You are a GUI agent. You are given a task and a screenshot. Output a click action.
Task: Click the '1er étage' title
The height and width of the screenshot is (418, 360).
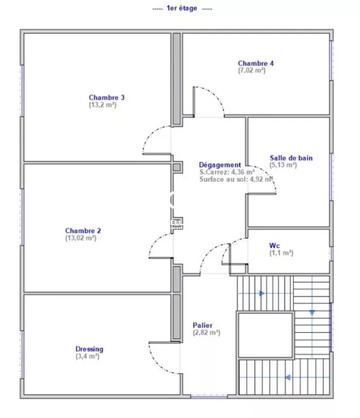(182, 8)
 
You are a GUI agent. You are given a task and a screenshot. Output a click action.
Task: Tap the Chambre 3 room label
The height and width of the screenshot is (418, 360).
(107, 97)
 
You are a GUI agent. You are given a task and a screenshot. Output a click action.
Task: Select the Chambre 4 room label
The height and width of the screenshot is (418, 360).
(256, 63)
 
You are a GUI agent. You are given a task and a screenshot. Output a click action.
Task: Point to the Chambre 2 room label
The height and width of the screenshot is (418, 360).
(83, 230)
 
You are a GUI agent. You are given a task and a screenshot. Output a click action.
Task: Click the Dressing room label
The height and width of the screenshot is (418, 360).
(89, 349)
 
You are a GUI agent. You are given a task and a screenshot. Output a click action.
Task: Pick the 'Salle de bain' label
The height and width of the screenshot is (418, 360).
(291, 158)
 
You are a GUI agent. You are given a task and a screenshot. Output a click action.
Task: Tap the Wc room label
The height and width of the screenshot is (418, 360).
(274, 246)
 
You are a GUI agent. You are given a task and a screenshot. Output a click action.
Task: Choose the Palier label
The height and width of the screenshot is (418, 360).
(203, 325)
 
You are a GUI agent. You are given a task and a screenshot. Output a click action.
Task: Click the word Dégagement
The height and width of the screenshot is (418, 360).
(220, 165)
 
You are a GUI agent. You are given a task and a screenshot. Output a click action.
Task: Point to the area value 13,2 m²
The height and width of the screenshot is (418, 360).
(102, 105)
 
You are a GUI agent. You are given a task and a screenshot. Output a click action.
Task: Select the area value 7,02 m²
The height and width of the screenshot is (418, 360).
(252, 70)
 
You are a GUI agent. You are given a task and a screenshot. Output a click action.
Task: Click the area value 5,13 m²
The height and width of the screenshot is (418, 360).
(283, 165)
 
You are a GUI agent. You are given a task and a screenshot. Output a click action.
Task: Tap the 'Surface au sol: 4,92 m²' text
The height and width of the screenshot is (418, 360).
(236, 179)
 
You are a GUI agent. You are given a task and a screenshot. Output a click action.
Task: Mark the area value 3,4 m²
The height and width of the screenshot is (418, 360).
(87, 356)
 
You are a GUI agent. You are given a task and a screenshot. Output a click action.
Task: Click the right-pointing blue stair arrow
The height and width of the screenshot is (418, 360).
(262, 293)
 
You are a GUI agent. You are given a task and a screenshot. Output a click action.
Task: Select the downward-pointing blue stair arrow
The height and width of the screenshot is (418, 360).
(312, 313)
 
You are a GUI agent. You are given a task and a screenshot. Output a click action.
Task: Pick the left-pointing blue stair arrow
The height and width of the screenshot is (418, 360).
(287, 377)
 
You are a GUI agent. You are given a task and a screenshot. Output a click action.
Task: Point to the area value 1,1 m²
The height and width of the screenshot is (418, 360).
(281, 253)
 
